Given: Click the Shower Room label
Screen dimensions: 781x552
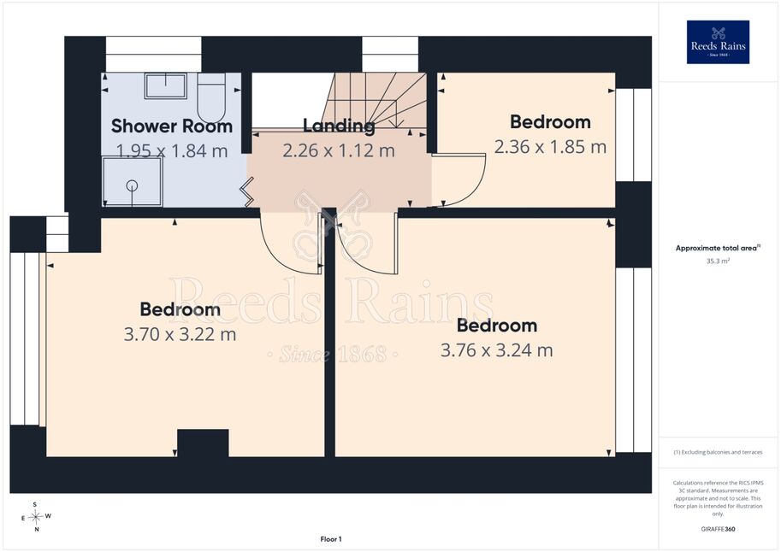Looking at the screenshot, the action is pos(172,126).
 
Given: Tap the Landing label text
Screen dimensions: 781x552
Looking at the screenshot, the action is pos(339,126).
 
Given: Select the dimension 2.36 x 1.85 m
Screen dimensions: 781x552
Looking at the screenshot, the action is pos(550,147).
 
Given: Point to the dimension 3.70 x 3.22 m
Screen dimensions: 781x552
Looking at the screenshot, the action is pos(180,334).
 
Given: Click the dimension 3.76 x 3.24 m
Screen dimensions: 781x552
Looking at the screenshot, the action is pos(497,350).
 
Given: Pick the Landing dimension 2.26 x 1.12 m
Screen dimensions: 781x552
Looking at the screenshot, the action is pos(339,150).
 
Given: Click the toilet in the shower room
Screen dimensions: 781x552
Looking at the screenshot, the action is pos(211,97).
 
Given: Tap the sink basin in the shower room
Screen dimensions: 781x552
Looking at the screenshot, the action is pos(166,85).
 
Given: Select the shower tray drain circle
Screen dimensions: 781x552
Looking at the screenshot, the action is pos(132,185).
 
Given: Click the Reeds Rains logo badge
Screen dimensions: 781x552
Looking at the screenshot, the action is pos(718,43).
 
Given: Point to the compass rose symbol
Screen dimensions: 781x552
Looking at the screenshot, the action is pos(35,517).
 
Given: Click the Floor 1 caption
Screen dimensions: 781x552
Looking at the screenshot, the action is pos(331,539).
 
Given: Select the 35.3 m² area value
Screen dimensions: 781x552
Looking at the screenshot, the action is pos(718,261).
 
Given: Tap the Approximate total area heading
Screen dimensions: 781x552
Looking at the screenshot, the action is pos(718,248).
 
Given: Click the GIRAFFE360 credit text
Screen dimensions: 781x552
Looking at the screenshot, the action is pos(718,529).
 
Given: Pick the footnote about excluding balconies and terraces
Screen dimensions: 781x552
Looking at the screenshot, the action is pos(718,452).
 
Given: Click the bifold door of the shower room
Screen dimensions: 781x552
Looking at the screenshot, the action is pos(247,191).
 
